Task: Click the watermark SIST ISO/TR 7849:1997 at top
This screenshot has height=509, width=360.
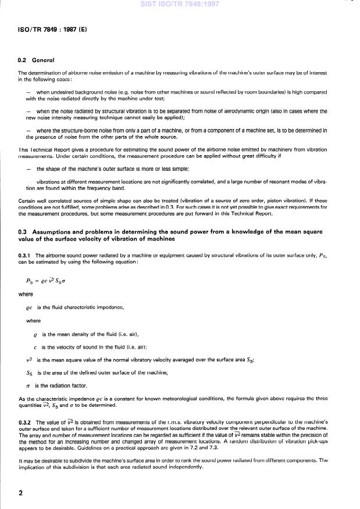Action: [x=180, y=4]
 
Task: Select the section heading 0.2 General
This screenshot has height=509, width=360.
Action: [x=36, y=60]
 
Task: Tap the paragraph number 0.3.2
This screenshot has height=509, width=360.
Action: [x=25, y=422]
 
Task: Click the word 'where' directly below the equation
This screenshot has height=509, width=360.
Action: [x=26, y=294]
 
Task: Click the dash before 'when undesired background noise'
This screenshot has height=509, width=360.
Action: [x=28, y=92]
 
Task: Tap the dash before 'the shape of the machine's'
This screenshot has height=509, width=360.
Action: [x=28, y=169]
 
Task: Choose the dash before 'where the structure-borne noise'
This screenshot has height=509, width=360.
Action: [x=28, y=131]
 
